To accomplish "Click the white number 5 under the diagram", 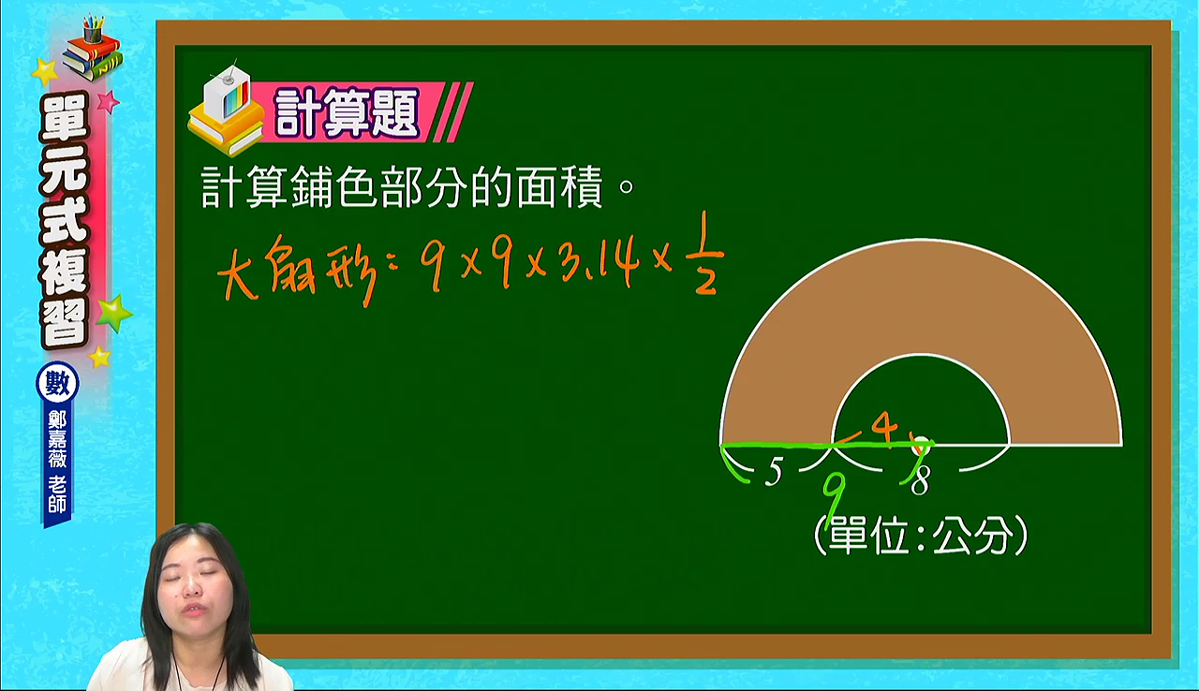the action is [x=773, y=472].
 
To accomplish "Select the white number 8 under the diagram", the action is [x=920, y=479].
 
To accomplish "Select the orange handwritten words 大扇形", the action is [x=298, y=272].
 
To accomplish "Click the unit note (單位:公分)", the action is [x=920, y=536].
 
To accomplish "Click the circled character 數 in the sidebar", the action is [x=57, y=384].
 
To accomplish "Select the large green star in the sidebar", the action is [x=113, y=313].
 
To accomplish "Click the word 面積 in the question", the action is [x=559, y=186].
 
